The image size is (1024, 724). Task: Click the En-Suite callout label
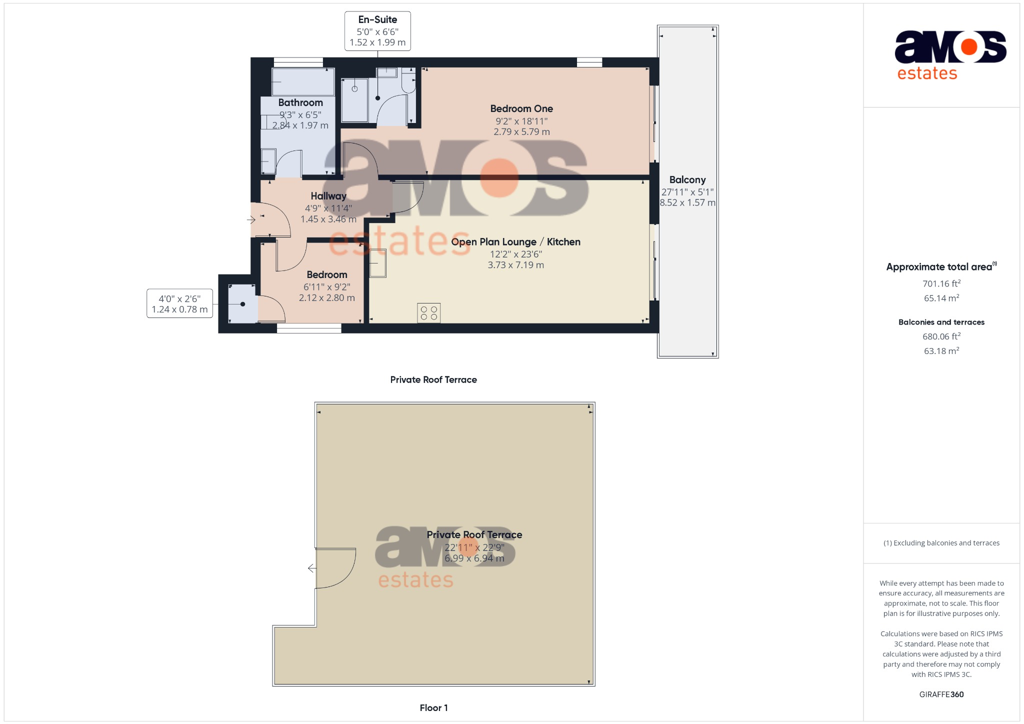click(x=377, y=20)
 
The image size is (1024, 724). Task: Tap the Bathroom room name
click(x=300, y=103)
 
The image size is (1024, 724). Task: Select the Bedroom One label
click(x=521, y=109)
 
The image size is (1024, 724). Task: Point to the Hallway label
click(x=328, y=196)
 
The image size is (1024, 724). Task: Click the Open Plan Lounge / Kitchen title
click(x=515, y=242)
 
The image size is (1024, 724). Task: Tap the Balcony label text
click(x=687, y=180)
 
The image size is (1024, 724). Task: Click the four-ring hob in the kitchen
click(x=429, y=313)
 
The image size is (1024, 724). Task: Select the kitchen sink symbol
click(x=378, y=263)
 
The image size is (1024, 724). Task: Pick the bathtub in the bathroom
click(x=303, y=82)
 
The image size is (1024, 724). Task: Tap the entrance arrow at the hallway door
click(x=251, y=219)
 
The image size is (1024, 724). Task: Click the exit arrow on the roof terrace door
click(x=312, y=568)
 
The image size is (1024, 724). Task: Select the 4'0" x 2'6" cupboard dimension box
click(x=179, y=304)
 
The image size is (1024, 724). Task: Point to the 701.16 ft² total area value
click(x=941, y=283)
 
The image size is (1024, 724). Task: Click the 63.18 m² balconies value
click(x=941, y=351)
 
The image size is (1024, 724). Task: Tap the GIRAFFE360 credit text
click(x=941, y=694)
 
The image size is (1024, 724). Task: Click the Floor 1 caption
click(x=433, y=708)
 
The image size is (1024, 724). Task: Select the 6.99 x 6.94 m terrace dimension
click(x=474, y=558)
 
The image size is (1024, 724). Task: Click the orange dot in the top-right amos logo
click(x=969, y=47)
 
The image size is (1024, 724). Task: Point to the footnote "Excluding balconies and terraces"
click(x=941, y=543)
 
